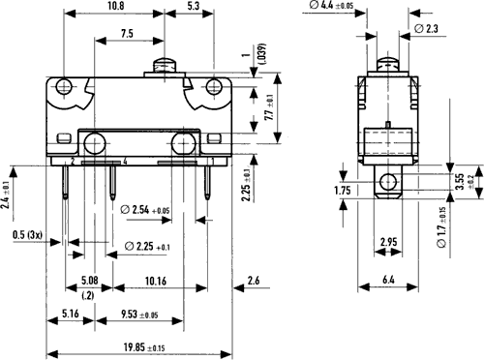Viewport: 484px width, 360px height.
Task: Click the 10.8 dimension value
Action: pos(116,6)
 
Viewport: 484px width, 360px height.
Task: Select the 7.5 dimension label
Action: pos(127,33)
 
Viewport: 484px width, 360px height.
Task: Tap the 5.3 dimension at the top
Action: pos(193,6)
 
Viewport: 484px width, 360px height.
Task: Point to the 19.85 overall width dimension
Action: pos(144,347)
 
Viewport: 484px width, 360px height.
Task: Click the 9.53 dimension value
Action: pos(139,315)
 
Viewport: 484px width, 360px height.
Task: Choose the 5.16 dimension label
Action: pos(71,314)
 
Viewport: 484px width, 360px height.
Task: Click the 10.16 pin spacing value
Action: pos(156,281)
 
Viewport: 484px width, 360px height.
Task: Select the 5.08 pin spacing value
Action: pos(89,280)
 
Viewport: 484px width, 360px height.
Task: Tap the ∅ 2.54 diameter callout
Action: pos(145,210)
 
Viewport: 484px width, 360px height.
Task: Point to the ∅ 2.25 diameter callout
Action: pos(147,247)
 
